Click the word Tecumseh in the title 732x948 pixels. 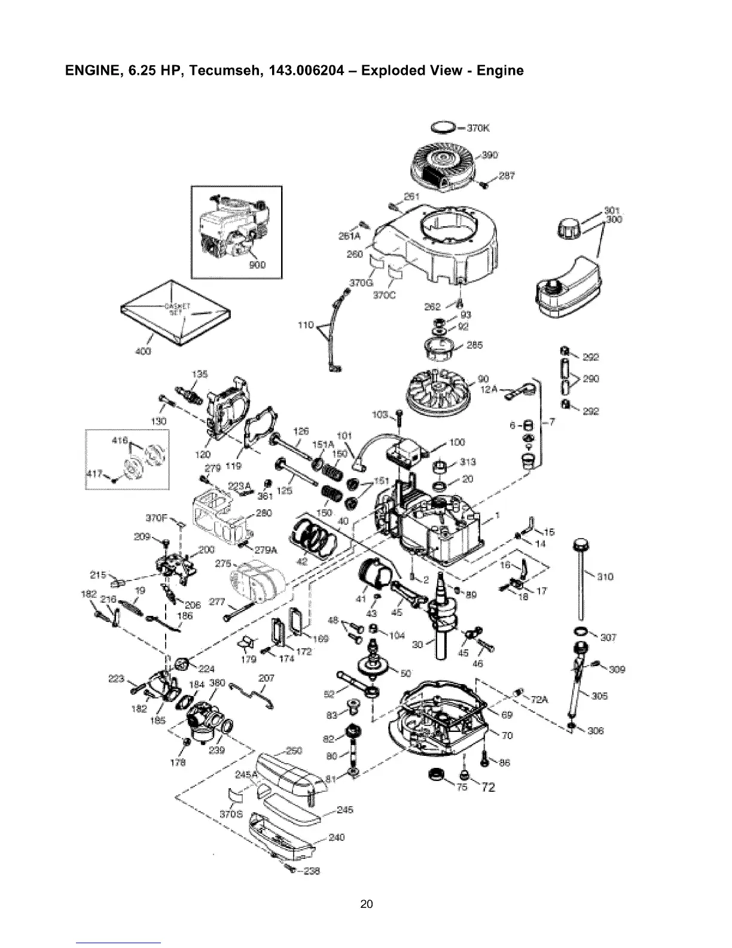click(224, 71)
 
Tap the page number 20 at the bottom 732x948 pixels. click(366, 904)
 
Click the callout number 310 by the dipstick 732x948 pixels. click(605, 577)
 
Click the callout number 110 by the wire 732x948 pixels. click(306, 325)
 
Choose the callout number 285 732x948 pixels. click(475, 345)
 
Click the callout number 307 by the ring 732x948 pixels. click(608, 637)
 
